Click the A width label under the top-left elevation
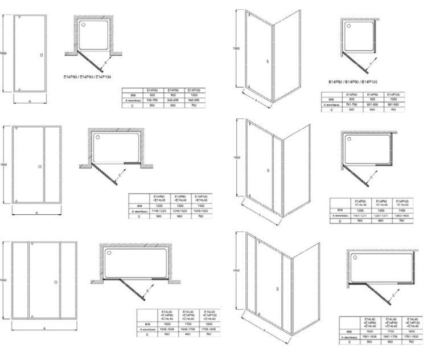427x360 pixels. pos(30,101)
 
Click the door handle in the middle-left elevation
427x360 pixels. pos(39,166)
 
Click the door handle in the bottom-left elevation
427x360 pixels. pos(55,281)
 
